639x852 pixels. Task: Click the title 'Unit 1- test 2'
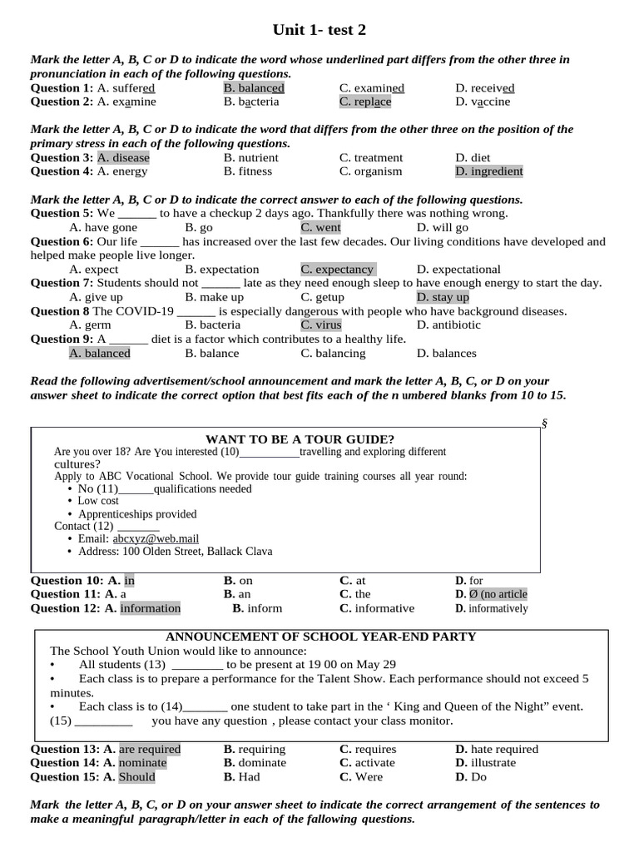coord(319,31)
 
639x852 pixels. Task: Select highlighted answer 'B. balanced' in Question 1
coord(254,88)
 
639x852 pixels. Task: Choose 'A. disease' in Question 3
coord(123,158)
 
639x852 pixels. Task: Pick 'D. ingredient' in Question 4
coord(488,171)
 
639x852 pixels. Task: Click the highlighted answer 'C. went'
coord(320,228)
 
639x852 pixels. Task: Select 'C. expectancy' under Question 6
coord(337,270)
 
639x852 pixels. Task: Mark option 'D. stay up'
coord(443,297)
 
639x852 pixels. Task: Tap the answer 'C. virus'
coord(321,325)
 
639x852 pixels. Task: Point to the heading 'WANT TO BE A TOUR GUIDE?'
coord(300,439)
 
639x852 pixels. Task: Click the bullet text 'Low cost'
coord(98,501)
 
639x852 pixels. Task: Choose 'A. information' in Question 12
coord(142,608)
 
